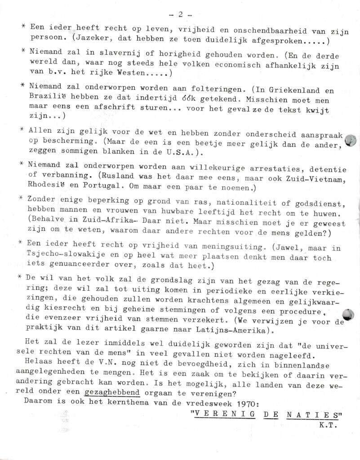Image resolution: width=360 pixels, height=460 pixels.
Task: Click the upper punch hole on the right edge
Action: [350, 141]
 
